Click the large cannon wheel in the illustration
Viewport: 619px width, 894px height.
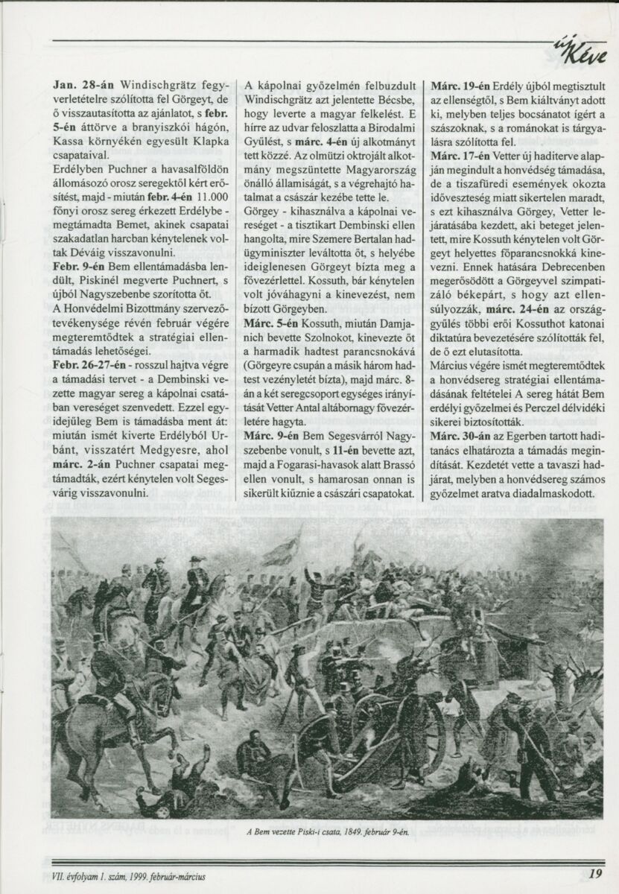tap(417, 716)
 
